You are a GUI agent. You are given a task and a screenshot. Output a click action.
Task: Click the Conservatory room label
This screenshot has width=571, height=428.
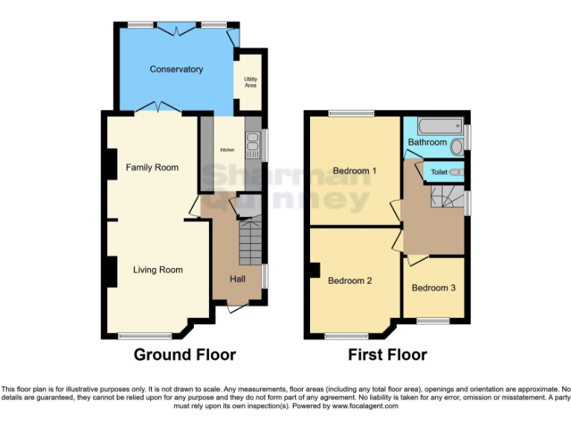point(176,69)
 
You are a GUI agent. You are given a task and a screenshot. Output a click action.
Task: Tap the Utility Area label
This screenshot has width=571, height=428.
point(251,81)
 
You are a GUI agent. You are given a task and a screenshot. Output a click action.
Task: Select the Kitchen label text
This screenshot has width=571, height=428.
point(227,149)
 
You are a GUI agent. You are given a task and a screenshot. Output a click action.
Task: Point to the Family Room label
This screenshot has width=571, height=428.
point(152,167)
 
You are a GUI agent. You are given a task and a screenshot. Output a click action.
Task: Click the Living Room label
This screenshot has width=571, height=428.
point(158,270)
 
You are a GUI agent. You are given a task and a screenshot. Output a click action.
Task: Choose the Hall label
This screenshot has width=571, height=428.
point(237,279)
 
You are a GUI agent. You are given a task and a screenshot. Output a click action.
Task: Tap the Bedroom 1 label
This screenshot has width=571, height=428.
point(355,171)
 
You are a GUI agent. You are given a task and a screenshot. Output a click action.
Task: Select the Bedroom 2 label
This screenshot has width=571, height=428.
point(350,281)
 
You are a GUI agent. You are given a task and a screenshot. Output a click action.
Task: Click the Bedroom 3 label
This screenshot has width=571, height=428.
point(433,288)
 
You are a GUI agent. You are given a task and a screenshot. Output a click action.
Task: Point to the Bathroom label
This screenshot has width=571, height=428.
point(428,142)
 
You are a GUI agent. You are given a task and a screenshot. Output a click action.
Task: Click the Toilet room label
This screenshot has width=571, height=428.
point(439,172)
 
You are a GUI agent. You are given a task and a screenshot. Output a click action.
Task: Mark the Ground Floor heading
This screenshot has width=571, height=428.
point(184,354)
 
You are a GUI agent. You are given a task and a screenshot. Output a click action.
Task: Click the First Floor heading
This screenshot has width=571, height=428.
point(387,354)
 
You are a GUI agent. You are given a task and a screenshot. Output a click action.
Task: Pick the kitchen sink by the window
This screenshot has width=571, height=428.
point(253,141)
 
